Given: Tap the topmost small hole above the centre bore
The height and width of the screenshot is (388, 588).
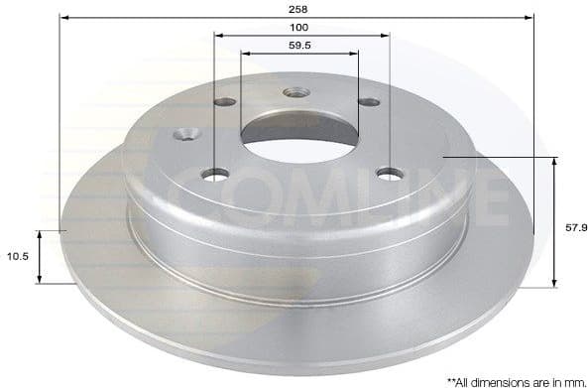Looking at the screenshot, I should pos(295,93).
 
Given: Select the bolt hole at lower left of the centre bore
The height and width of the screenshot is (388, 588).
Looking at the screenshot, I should pos(215,175).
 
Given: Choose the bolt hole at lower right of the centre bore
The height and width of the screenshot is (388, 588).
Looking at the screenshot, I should pos(389,175).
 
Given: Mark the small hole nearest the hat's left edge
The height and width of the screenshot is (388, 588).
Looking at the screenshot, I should pos(185,134).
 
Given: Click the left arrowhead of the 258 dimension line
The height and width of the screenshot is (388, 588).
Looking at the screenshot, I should pos(63,17).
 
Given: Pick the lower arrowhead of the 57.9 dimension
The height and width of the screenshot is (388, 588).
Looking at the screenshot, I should pos(552,284).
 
